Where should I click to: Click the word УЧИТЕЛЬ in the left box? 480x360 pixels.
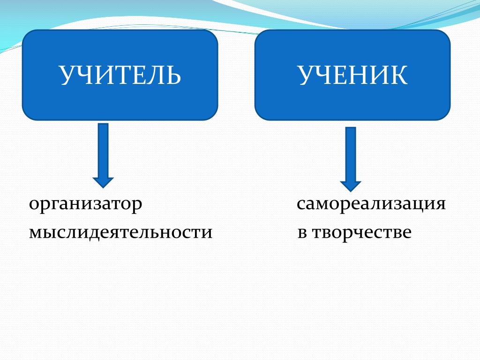point(120,75)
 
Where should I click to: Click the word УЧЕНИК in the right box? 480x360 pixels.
point(352,75)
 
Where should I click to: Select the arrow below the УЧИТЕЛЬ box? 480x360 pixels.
point(103,155)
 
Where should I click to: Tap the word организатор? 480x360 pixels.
point(85,205)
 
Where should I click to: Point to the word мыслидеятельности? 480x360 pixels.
point(121,232)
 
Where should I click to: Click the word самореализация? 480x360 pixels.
point(371,205)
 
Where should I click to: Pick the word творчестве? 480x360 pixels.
point(360,232)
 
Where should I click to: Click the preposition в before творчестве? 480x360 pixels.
point(301,232)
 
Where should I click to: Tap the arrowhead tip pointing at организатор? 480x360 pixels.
point(103,187)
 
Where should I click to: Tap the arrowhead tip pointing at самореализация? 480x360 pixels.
point(351,190)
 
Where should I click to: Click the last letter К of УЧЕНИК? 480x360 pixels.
point(399,75)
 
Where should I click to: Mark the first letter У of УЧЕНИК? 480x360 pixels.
point(307,75)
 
